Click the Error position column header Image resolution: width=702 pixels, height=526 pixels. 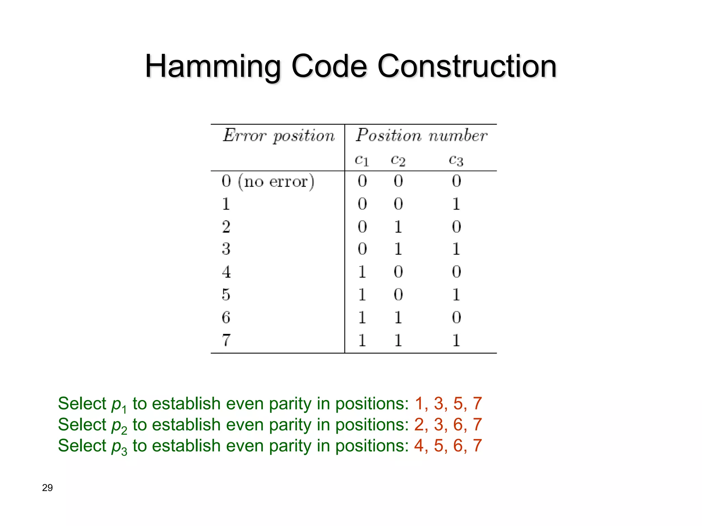tap(278, 136)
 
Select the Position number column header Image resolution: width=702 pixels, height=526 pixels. tap(421, 135)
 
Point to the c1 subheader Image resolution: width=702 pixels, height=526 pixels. tap(362, 160)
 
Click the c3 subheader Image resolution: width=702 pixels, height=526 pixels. tap(456, 160)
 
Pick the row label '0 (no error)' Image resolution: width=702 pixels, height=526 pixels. tap(268, 181)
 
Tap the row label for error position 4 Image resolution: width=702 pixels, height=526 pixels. tap(226, 272)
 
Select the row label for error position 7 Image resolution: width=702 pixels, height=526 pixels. tap(226, 340)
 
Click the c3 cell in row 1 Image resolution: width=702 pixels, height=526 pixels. tap(456, 204)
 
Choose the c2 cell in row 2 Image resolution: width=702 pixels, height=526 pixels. tap(398, 227)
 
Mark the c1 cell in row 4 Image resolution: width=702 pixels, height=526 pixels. tap(362, 272)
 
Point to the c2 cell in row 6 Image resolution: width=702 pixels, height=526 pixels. tap(398, 317)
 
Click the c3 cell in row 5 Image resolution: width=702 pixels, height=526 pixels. tap(456, 295)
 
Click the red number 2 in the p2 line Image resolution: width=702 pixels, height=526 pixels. tap(419, 425)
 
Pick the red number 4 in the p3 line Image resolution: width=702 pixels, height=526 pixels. tap(419, 446)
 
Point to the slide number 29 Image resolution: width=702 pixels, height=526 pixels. tap(47, 488)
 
